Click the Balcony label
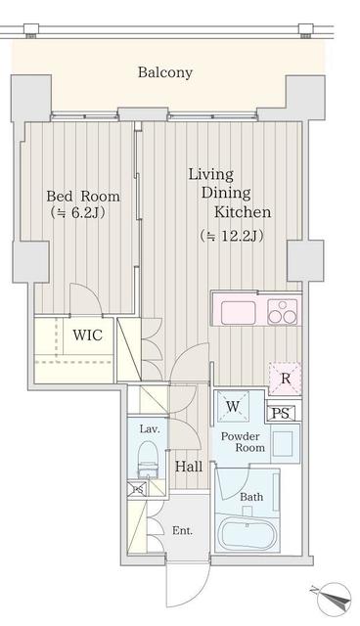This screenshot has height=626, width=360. pyautogui.click(x=164, y=72)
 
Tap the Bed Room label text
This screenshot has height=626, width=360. pyautogui.click(x=83, y=196)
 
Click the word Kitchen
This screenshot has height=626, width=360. pyautogui.click(x=243, y=212)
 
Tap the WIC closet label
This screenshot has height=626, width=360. pyautogui.click(x=87, y=335)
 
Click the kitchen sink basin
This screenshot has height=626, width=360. pyautogui.click(x=239, y=313)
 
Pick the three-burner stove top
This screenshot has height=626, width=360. pyautogui.click(x=283, y=311)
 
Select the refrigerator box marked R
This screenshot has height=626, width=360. pyautogui.click(x=285, y=379)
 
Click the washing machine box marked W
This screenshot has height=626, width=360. pyautogui.click(x=233, y=406)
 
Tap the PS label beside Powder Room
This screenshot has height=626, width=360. pyautogui.click(x=282, y=413)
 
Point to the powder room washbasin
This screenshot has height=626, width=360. pyautogui.click(x=285, y=444)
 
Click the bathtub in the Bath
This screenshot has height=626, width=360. pyautogui.click(x=247, y=530)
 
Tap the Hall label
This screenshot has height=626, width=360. pyautogui.click(x=189, y=467)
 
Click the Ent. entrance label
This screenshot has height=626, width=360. pyautogui.click(x=182, y=530)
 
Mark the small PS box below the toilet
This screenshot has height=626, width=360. pyautogui.click(x=137, y=489)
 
